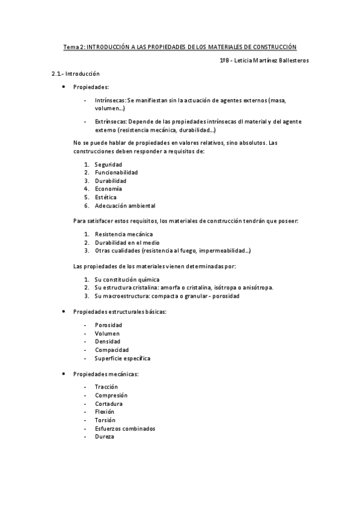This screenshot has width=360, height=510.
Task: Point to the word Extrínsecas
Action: [111, 121]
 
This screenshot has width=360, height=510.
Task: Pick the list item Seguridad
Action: [108, 164]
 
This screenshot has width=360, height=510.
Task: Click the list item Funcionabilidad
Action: [116, 173]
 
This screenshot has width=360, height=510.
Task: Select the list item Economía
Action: [108, 189]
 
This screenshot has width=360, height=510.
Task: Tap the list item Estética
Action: [106, 197]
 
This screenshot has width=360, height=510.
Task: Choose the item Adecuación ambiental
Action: [124, 206]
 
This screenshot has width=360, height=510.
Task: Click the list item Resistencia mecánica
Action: [124, 234]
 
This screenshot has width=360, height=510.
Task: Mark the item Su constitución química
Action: [127, 279]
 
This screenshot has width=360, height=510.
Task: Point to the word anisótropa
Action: [257, 287]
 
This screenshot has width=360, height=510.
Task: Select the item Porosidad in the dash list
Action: [108, 325]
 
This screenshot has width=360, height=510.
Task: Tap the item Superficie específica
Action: [122, 358]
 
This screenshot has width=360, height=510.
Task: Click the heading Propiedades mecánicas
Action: [106, 374]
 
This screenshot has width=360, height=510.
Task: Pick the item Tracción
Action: [106, 387]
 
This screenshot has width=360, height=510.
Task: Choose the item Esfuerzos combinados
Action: [124, 428]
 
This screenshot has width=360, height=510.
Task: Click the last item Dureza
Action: [104, 437]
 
